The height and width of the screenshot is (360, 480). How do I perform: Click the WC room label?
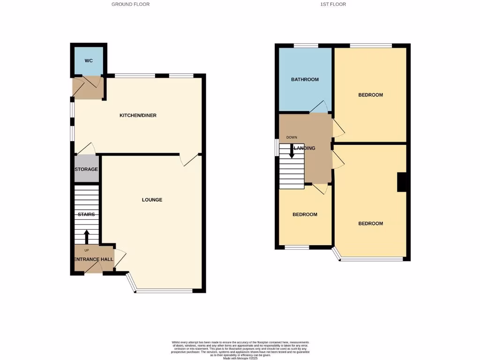click(89, 61)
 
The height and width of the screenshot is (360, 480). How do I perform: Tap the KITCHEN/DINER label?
click(138, 115)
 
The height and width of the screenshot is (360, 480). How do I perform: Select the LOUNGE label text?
click(152, 200)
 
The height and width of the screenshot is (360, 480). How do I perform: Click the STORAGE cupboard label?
click(86, 169)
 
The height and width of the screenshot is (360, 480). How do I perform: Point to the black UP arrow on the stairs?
click(86, 236)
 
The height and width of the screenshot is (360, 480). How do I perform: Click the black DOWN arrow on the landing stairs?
click(292, 151)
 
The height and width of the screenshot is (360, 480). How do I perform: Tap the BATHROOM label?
click(305, 80)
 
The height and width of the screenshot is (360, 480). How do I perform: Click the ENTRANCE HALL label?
click(94, 259)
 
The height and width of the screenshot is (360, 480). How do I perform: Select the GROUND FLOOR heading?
click(130, 4)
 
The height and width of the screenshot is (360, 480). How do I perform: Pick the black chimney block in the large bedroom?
click(402, 182)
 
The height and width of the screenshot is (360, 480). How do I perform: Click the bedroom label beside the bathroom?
click(370, 95)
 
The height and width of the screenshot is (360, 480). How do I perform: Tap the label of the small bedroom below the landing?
click(305, 215)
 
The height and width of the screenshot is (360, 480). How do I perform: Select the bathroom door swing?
click(319, 106)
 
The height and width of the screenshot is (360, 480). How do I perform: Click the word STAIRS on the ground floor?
click(86, 215)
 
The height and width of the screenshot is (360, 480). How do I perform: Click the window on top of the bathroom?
click(306, 45)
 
